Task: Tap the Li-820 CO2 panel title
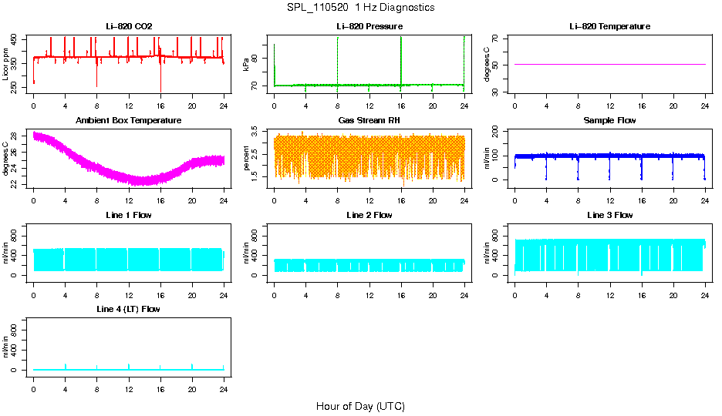129,26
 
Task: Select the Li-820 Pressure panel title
369,26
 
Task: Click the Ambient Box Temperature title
129,120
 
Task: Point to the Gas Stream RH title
369,120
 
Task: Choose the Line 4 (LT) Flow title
129,309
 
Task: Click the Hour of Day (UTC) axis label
360,406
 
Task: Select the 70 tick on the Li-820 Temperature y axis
499,38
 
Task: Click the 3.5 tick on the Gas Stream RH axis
258,133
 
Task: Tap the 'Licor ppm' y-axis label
6,65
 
